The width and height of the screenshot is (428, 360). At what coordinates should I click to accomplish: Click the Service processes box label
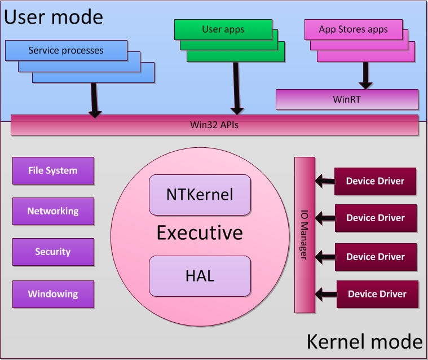pos(66,51)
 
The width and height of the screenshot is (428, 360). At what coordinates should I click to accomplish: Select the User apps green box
pos(223,29)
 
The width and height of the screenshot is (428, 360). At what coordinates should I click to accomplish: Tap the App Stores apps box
pos(354,29)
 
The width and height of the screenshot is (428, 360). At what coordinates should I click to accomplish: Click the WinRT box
pos(347,99)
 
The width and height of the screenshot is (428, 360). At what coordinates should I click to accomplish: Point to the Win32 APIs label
pos(214,125)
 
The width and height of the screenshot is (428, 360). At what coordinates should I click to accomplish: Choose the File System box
pos(53,170)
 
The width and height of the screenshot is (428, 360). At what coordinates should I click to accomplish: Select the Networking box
pos(53,211)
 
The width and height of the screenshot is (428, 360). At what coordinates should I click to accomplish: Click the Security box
pos(53,252)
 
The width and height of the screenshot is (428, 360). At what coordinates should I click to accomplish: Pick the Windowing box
pos(53,294)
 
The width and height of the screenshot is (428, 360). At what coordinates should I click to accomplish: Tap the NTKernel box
pos(200,195)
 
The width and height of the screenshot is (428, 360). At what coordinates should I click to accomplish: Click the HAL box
pos(200,276)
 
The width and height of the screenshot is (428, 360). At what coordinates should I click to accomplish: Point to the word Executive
pos(200,232)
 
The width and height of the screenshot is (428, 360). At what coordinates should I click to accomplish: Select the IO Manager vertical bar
pos(305,235)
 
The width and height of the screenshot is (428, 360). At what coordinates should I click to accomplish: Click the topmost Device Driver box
pos(376,181)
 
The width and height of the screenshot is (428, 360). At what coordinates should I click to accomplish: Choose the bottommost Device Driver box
pos(377,294)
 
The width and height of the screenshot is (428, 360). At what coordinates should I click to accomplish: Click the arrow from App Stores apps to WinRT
pos(365,76)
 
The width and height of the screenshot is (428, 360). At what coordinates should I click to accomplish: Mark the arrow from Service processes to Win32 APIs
pos(94,100)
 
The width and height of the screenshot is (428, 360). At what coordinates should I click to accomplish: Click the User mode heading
pos(54,17)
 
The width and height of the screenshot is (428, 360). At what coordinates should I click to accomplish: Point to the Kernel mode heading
pos(365,341)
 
